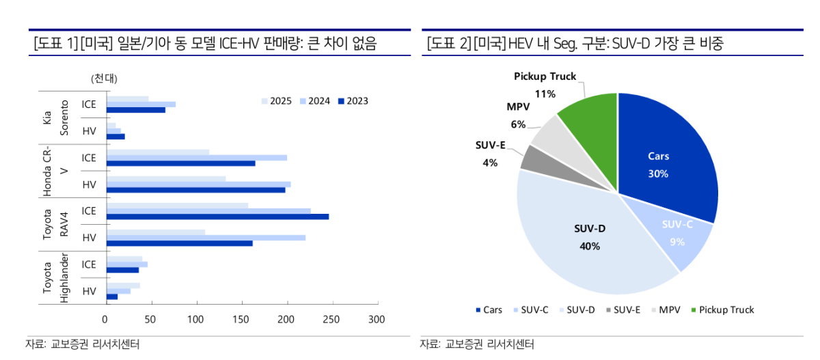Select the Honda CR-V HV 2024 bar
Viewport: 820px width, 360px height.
coord(198,184)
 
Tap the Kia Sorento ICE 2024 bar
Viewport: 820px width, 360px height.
coord(140,104)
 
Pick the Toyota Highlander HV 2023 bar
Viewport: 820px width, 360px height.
coord(111,296)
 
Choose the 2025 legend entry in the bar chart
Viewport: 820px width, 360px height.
coord(276,101)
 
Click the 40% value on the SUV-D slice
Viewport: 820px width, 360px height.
coord(589,246)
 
